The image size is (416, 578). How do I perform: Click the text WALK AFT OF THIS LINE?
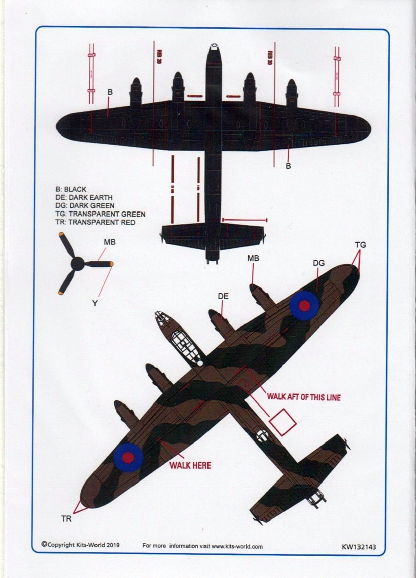304,397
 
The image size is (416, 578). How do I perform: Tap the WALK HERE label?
190,465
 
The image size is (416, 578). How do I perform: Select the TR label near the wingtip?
67,519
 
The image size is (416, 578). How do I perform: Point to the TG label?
360,245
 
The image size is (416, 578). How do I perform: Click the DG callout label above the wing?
318,263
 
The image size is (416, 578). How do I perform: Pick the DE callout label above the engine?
223,296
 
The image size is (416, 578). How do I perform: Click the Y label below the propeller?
95,303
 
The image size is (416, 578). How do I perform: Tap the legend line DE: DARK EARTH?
84,197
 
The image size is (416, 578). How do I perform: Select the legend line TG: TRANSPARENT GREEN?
100,214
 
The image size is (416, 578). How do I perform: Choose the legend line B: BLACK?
71,189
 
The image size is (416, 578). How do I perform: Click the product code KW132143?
359,547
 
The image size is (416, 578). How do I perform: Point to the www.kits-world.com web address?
237,546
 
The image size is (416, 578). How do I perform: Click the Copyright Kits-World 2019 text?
80,545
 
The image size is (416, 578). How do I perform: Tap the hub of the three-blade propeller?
77,264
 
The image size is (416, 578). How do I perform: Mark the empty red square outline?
282,422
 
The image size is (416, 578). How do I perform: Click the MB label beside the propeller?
110,242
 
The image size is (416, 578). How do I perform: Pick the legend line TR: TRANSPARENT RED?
95,222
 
